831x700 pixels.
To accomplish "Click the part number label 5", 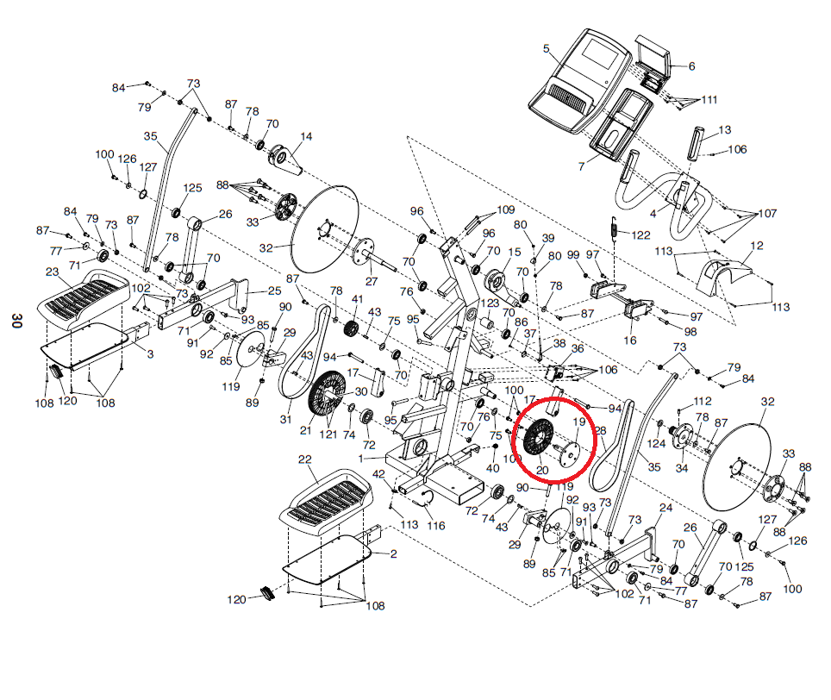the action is tap(547, 49).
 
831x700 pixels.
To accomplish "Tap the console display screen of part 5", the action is tap(602, 53).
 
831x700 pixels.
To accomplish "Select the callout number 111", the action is tap(709, 100).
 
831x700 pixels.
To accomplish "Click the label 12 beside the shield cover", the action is tap(757, 246).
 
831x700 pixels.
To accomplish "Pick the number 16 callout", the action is tap(629, 341).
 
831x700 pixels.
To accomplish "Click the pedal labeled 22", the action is tap(326, 501).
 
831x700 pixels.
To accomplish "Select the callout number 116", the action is tap(436, 526).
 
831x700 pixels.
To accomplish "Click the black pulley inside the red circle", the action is tap(538, 437).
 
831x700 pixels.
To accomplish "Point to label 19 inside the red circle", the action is tap(578, 422).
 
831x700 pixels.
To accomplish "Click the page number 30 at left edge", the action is tap(16, 321).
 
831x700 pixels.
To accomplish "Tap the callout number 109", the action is tap(506, 209).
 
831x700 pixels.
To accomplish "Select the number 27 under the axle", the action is tap(372, 281).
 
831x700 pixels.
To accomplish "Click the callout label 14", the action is tap(306, 136).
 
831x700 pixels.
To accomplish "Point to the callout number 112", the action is tap(703, 401).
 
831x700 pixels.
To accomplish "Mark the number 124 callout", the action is tap(656, 443).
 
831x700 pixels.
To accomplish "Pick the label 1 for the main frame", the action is tap(361, 459).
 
